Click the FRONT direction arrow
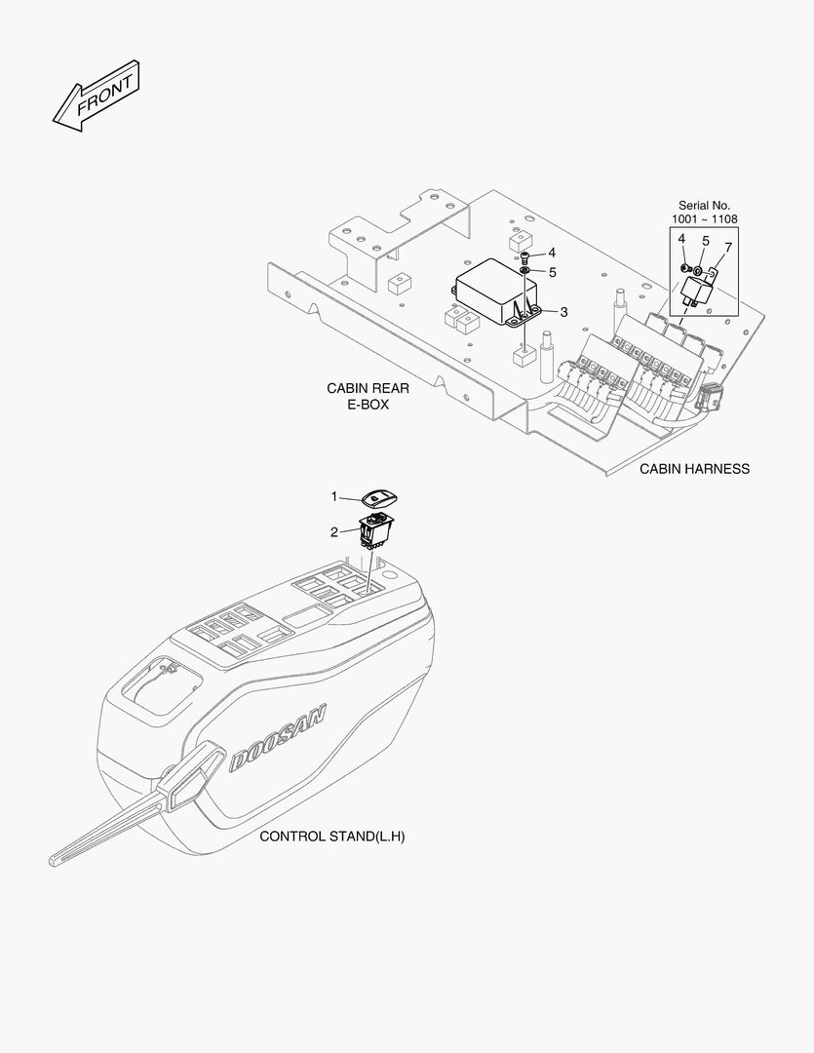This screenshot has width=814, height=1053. [96, 96]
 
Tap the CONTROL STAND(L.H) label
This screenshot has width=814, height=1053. [331, 837]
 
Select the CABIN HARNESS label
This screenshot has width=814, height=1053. [694, 469]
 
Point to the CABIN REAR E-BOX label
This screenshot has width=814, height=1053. [368, 396]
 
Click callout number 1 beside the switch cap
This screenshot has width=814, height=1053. [333, 496]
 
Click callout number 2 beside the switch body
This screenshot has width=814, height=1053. [333, 532]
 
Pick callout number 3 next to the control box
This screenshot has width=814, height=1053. [564, 312]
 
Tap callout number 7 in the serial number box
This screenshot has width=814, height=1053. [728, 247]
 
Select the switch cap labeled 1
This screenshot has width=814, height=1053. [379, 498]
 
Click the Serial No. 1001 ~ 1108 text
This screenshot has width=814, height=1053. [704, 213]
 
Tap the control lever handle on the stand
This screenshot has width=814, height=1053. [137, 803]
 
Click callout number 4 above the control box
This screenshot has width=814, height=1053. [552, 253]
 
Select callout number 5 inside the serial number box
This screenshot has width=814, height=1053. [705, 241]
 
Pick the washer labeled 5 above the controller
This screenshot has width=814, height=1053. [523, 271]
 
